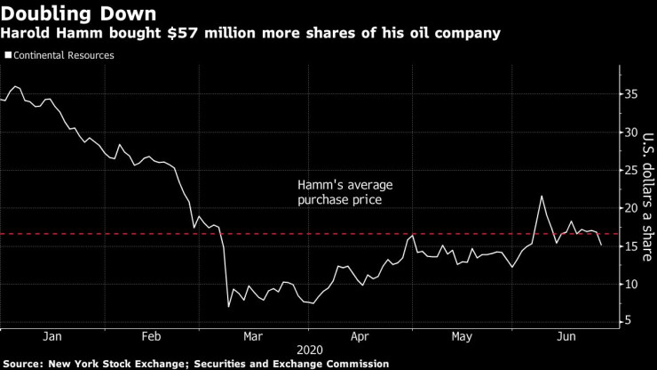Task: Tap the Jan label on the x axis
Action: (51, 336)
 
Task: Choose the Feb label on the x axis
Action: (152, 336)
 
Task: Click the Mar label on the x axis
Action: (253, 336)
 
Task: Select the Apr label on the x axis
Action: (359, 336)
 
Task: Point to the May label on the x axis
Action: (461, 336)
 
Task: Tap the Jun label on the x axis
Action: (562, 336)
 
